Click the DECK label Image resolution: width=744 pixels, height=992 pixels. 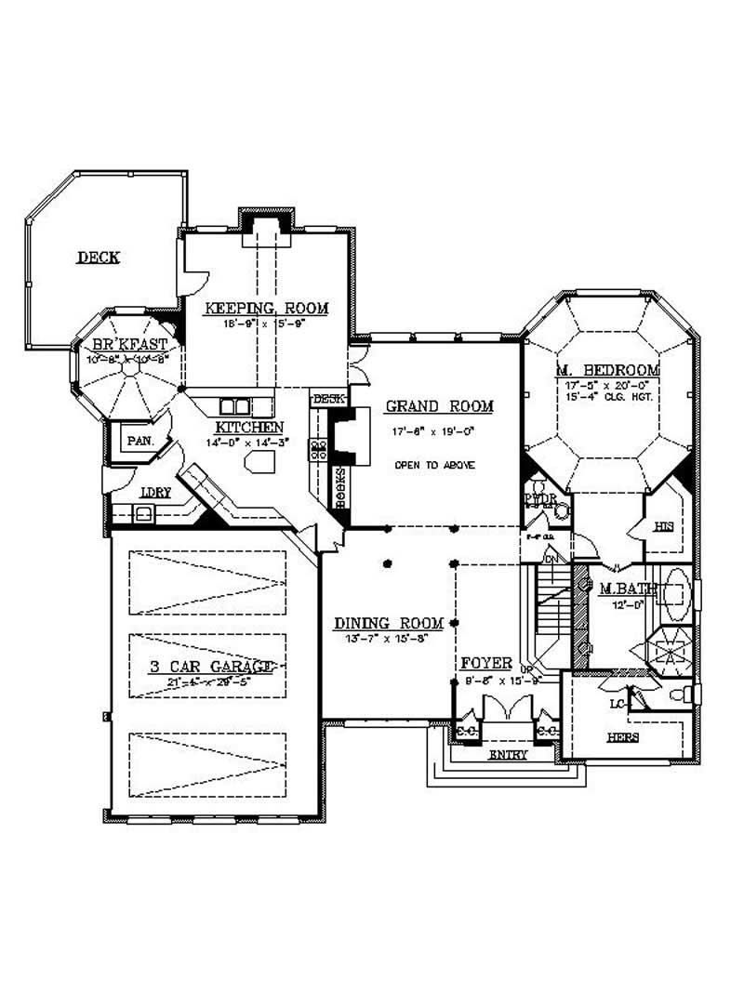click(x=98, y=258)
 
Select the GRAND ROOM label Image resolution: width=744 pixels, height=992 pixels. click(x=439, y=406)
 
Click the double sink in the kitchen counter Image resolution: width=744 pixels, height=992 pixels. click(x=234, y=406)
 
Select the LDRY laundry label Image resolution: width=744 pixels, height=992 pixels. click(x=154, y=493)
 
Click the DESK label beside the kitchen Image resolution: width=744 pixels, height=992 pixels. click(x=326, y=399)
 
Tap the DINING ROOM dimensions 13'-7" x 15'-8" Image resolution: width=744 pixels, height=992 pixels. click(x=380, y=639)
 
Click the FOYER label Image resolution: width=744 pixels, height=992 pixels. click(x=486, y=663)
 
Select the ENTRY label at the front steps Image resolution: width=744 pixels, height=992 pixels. click(x=508, y=755)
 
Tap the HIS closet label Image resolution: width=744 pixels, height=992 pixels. click(x=663, y=527)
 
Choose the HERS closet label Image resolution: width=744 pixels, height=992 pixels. click(x=623, y=737)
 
